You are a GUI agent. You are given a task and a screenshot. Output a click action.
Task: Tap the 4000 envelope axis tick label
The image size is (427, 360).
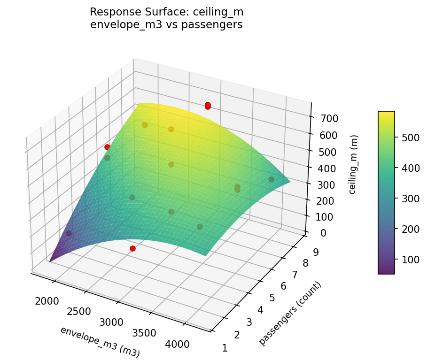[177, 344]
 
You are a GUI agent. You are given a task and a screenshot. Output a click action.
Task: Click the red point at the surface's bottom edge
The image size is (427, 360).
[132, 248]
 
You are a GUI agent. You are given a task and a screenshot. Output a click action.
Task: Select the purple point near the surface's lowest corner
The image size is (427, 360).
[69, 233]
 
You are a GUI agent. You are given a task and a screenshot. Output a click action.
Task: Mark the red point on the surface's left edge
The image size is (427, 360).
[107, 147]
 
